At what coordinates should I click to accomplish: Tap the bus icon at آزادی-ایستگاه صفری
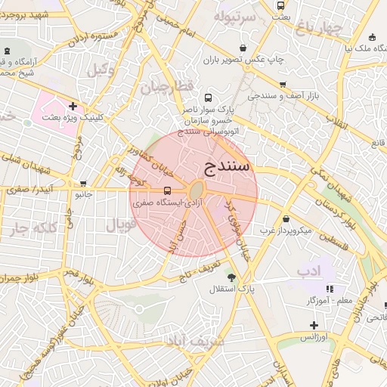[167, 191]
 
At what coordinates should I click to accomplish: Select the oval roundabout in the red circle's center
[196, 190]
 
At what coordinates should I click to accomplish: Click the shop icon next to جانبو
[83, 183]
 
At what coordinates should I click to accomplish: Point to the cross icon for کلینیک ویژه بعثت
[72, 107]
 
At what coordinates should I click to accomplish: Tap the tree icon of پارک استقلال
[231, 277]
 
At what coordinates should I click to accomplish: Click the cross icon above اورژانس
[314, 325]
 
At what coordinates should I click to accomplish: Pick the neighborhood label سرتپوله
[232, 16]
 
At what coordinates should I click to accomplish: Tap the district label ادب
[308, 270]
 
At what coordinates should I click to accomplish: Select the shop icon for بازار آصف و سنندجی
[283, 85]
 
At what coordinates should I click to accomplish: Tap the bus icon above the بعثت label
[281, 5]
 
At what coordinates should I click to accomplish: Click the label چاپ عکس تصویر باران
[245, 58]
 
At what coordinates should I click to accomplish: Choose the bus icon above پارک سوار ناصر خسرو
[209, 98]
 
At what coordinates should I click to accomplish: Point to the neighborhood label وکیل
[99, 70]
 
